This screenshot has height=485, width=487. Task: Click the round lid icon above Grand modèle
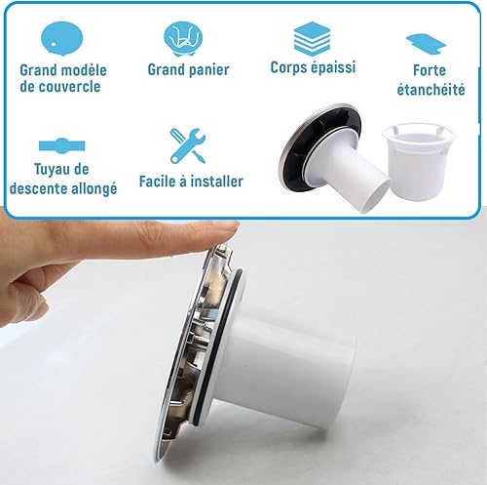[62, 38]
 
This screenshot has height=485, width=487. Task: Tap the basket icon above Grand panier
[183, 38]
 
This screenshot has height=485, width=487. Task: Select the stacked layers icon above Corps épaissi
[312, 39]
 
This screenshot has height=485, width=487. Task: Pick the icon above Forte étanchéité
[427, 44]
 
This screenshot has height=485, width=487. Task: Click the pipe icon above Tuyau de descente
[62, 145]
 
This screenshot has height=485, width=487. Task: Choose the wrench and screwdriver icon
[188, 145]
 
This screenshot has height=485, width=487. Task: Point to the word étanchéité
[431, 89]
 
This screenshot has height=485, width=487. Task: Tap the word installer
[216, 181]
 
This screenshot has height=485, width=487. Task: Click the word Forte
[430, 70]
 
